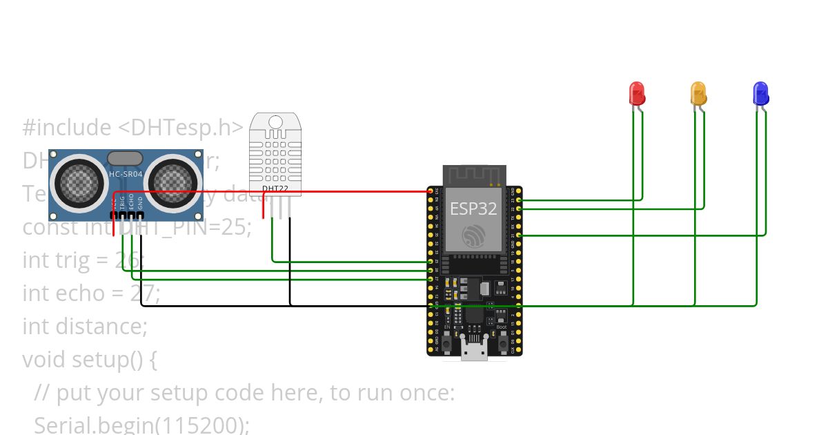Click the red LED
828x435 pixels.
click(636, 93)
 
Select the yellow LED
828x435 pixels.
click(698, 93)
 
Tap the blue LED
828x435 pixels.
click(760, 93)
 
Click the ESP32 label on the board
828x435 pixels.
click(473, 209)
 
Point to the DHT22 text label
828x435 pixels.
click(275, 188)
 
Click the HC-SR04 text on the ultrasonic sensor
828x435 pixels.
click(126, 174)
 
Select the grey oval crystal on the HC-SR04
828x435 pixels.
click(126, 158)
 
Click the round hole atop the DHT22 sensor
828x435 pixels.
click(275, 123)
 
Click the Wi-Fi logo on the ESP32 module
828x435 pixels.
click(473, 236)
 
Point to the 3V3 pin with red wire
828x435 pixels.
click(431, 191)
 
